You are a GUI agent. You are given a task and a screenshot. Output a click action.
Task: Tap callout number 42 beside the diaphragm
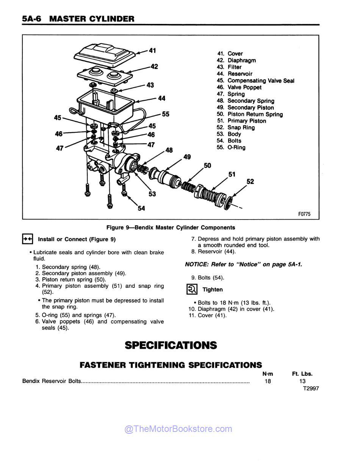[x=154, y=67]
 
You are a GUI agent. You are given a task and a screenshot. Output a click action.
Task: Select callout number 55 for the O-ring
[x=166, y=114]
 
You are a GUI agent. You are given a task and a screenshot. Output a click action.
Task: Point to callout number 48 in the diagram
[x=169, y=150]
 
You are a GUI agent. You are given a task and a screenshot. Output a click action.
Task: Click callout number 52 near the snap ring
[x=250, y=182]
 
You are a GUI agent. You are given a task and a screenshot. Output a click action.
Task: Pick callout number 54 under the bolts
[x=141, y=208]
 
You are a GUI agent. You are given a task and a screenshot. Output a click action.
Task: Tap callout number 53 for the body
[x=152, y=194]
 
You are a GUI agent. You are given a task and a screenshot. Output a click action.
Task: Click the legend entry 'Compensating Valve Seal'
[x=260, y=81]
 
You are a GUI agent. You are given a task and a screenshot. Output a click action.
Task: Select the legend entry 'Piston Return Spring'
[x=255, y=114]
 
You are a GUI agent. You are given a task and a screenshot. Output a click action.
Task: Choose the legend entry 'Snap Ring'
[x=241, y=127]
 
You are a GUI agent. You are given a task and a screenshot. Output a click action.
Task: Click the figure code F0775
[x=304, y=214]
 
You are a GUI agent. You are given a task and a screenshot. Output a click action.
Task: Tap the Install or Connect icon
[x=28, y=239]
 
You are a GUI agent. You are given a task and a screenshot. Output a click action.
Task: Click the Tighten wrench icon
[x=192, y=289]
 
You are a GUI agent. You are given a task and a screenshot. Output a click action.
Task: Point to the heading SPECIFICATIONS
[x=171, y=345]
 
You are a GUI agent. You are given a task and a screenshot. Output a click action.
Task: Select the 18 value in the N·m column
[x=268, y=381]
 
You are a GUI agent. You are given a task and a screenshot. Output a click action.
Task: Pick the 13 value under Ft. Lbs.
[x=302, y=381]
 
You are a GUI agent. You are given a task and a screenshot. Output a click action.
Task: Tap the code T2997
[x=311, y=388]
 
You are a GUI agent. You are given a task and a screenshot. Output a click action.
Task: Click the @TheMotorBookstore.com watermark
[x=178, y=429]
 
